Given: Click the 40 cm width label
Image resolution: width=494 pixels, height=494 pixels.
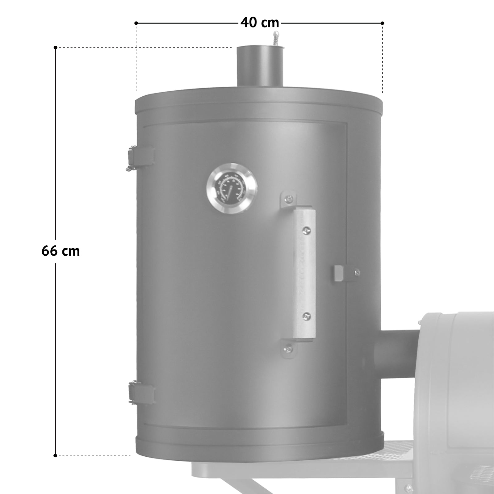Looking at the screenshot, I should pyautogui.click(x=260, y=23).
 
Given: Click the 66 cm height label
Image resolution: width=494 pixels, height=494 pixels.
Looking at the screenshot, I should pyautogui.click(x=61, y=251).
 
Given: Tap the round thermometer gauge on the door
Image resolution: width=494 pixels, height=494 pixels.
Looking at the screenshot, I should pyautogui.click(x=232, y=188).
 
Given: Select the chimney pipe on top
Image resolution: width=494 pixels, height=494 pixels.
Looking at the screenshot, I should pyautogui.click(x=260, y=66).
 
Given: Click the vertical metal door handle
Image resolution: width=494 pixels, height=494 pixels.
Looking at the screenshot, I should pyautogui.click(x=304, y=273).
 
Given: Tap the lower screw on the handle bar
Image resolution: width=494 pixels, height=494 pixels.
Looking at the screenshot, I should pyautogui.click(x=306, y=316).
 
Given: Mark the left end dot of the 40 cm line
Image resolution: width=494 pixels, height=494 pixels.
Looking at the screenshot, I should pyautogui.click(x=136, y=23).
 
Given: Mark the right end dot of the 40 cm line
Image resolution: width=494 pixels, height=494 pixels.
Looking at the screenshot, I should pyautogui.click(x=382, y=23).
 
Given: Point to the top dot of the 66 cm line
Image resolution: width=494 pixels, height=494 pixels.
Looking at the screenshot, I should pyautogui.click(x=55, y=48).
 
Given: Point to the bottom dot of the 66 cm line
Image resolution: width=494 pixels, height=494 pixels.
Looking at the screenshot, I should pyautogui.click(x=55, y=455).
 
